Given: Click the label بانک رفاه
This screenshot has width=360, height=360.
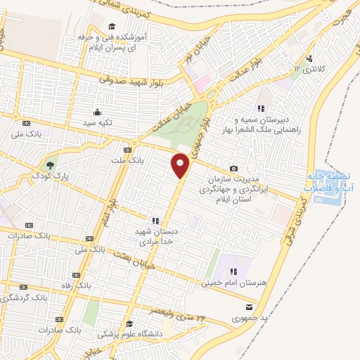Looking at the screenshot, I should point(75,285).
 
